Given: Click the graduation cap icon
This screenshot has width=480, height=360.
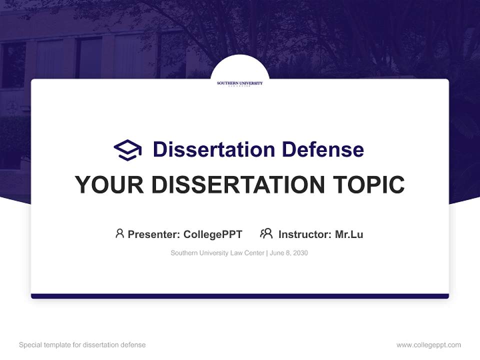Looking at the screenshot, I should [x=127, y=149].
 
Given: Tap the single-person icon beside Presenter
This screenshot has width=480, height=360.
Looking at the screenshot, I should [x=119, y=233].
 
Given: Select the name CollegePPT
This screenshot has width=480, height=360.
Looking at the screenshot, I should [x=213, y=234].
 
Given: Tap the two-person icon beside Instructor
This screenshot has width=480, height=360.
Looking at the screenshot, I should [x=266, y=233].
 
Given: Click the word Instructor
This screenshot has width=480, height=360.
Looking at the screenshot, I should [x=304, y=234].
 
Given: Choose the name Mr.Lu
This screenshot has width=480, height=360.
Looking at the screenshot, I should [x=349, y=234].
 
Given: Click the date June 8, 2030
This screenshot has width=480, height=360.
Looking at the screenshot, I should [x=289, y=253].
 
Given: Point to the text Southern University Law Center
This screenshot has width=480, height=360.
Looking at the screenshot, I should [x=217, y=253].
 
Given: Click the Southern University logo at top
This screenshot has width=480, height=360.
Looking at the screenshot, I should [x=240, y=83].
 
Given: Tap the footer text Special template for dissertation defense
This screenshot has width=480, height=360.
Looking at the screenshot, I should [x=82, y=345].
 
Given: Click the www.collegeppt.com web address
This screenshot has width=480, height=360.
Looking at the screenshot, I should [x=429, y=345].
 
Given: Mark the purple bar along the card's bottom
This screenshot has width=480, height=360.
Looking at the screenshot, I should [x=240, y=296].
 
